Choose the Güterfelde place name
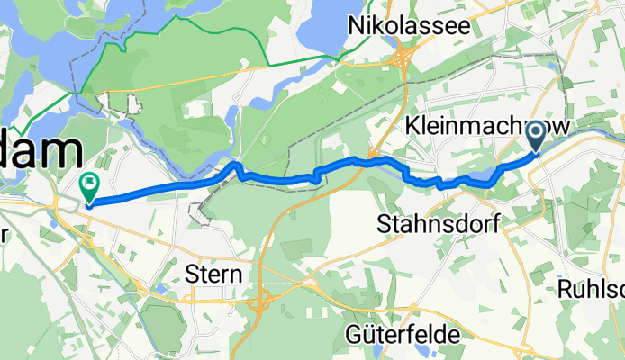point(403,335)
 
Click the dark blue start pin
point(534,136)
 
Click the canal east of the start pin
point(585,135)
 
